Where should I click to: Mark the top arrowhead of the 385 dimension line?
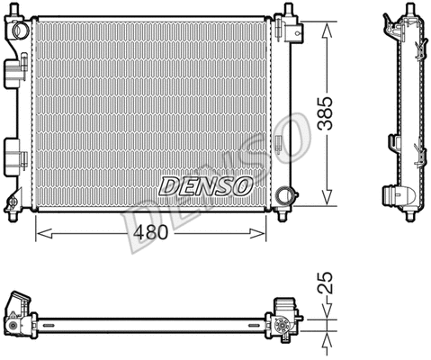325,26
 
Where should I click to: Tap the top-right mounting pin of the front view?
289,13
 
